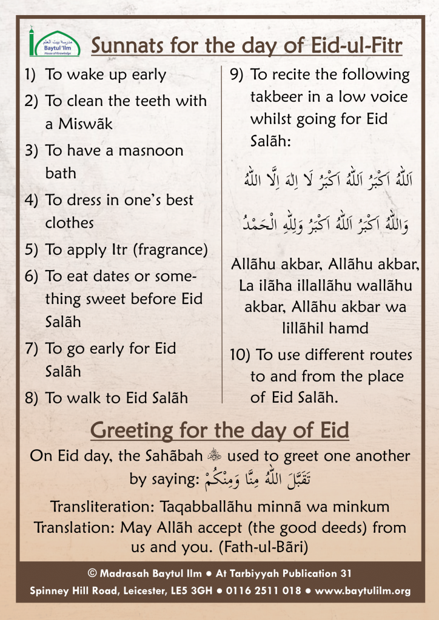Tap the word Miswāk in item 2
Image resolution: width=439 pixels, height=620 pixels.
[85, 124]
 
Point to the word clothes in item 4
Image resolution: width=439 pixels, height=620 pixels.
[70, 223]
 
